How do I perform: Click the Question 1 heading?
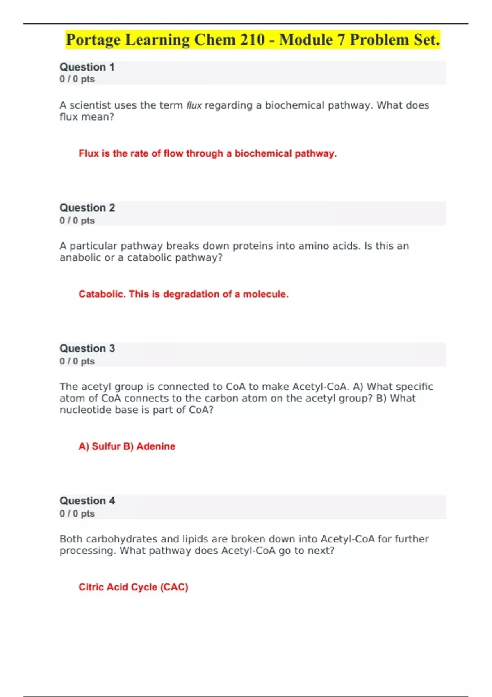[x=87, y=67]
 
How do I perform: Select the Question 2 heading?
[x=87, y=208]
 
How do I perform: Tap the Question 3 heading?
[x=87, y=348]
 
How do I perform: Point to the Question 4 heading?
[x=87, y=501]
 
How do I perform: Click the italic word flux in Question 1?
[x=194, y=105]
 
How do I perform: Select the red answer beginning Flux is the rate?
[x=207, y=153]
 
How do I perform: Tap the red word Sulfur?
[x=106, y=446]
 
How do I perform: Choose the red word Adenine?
[x=156, y=446]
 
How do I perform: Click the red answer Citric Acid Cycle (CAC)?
[x=133, y=587]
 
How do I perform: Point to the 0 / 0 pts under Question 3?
[x=77, y=361]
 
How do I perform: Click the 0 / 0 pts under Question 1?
[x=77, y=79]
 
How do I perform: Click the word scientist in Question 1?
[x=90, y=105]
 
